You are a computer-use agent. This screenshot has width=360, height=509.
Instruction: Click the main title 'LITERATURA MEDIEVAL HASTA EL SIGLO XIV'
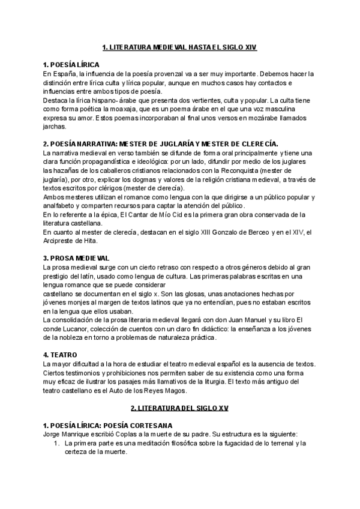tap(180, 46)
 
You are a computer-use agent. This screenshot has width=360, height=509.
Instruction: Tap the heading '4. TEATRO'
tap(60, 355)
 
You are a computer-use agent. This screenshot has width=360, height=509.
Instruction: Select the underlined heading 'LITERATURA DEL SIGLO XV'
tap(180, 408)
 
